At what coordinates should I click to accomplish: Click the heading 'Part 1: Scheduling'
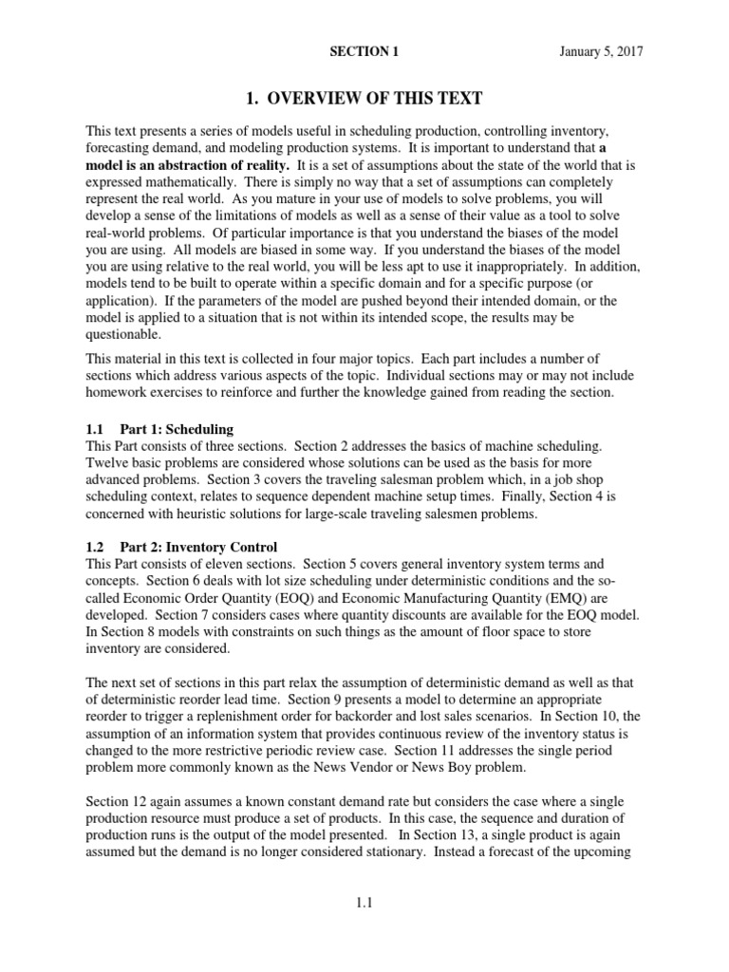(178, 429)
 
